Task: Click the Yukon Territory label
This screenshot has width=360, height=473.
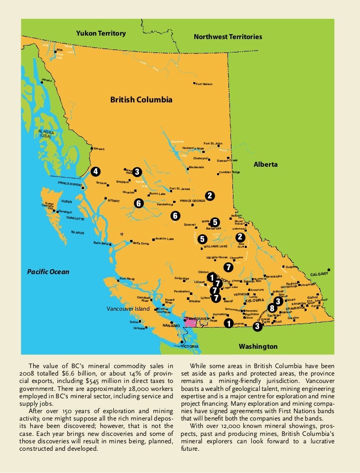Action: point(101,33)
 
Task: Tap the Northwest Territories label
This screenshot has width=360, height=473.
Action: point(228,37)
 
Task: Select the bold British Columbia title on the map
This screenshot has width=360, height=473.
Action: point(141,100)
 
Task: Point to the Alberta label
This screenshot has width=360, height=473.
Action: point(266,164)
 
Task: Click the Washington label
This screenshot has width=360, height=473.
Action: point(258,346)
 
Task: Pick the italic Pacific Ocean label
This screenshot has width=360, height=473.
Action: point(48,272)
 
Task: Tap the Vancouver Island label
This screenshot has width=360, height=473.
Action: point(128,309)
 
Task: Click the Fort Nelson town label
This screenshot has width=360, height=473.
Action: point(204,84)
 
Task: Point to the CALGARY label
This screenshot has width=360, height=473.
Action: point(319,274)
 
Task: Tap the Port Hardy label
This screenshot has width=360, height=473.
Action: point(127,279)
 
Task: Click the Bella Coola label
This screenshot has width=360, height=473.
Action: point(141,243)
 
